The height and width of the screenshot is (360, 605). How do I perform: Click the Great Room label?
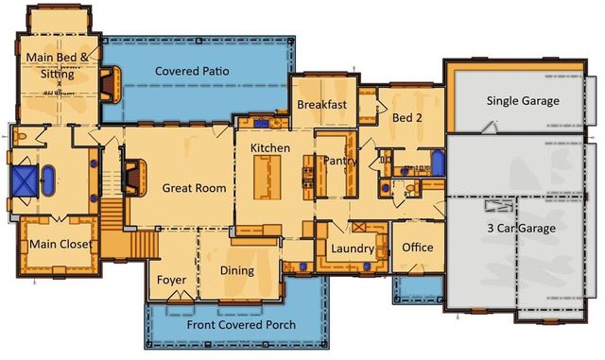(x=194, y=188)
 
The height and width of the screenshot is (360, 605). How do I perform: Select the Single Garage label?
(x=522, y=101)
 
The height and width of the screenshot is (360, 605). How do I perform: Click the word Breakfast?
(x=322, y=105)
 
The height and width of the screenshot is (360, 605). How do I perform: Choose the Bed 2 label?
(x=407, y=118)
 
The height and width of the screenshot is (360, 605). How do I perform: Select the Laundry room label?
(x=353, y=249)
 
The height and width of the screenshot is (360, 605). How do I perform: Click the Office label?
(x=417, y=248)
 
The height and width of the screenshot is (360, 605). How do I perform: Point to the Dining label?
(x=237, y=271)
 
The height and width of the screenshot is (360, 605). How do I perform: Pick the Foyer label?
(x=172, y=280)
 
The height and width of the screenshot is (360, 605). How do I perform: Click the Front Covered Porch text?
(x=240, y=325)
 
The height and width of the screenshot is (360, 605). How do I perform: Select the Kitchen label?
(x=269, y=148)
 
